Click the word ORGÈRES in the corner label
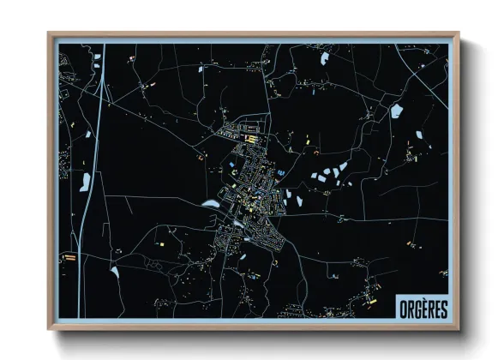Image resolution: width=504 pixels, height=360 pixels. (422, 307)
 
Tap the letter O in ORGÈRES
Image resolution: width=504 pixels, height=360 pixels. (401, 307)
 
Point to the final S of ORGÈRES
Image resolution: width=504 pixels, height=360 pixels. (443, 307)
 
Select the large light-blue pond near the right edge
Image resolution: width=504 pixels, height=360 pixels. (397, 111)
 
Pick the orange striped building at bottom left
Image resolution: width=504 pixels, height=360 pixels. (70, 255)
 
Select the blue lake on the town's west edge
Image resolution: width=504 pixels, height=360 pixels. (211, 204)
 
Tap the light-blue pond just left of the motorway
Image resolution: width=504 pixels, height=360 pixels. (87, 181)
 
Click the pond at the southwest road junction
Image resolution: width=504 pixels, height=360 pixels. (114, 273)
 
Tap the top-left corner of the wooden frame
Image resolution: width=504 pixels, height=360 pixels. (50, 34)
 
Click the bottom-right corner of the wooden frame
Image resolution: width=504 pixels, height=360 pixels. (459, 328)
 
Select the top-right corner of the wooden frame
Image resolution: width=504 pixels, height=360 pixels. (459, 34)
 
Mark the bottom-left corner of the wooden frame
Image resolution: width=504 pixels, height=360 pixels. (50, 328)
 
